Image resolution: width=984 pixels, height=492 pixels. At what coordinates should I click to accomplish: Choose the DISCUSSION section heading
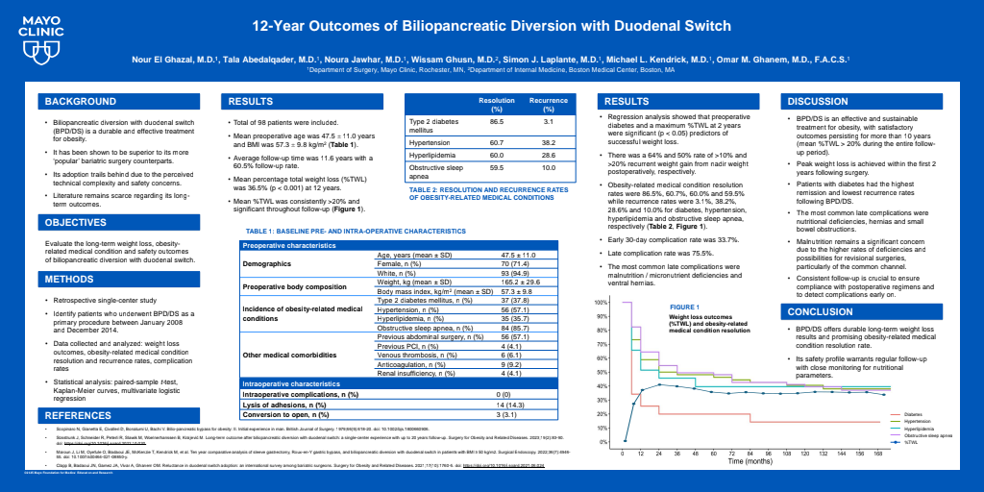818,102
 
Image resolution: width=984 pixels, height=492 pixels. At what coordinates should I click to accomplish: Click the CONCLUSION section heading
820,312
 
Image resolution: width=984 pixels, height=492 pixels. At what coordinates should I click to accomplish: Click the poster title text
491,26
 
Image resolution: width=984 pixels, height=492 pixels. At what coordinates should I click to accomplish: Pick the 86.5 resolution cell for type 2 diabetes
497,122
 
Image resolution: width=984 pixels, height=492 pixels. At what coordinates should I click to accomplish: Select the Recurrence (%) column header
549,105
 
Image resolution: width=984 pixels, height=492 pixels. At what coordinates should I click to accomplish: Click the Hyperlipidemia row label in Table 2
432,154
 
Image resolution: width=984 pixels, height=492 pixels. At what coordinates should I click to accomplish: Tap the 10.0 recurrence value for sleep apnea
549,168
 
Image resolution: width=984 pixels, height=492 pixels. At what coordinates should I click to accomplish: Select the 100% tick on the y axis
601,303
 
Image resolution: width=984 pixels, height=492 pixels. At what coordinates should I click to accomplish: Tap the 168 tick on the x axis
878,452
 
